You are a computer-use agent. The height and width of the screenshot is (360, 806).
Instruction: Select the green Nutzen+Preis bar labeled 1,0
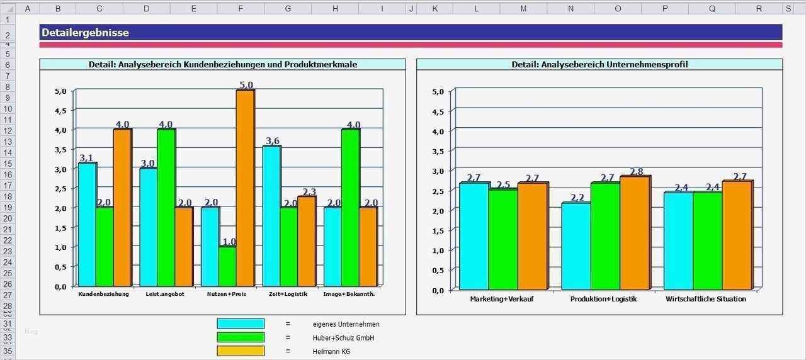[x=227, y=266]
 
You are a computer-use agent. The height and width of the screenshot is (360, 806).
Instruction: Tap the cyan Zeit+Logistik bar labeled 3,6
[x=271, y=215]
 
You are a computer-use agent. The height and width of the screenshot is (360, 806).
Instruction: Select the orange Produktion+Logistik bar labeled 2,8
[x=634, y=233]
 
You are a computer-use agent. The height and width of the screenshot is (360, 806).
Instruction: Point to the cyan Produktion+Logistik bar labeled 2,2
[x=576, y=245]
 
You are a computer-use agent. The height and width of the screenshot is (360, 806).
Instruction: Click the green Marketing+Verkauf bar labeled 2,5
[x=503, y=239]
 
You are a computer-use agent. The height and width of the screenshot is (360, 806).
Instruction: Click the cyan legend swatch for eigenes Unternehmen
[x=241, y=323]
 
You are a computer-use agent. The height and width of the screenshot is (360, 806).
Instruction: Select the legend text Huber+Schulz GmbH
[x=344, y=338]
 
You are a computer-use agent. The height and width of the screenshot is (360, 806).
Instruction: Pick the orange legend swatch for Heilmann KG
[x=241, y=351]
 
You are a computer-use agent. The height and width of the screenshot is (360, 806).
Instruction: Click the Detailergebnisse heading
[x=84, y=33]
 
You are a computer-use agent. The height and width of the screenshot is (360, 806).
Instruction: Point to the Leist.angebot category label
[x=165, y=294]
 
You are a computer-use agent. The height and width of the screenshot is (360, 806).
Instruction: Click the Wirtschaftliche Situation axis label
[x=705, y=299]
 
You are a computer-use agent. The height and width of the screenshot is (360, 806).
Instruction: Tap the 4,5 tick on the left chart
[x=60, y=111]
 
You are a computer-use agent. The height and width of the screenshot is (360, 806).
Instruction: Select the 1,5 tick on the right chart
[x=438, y=230]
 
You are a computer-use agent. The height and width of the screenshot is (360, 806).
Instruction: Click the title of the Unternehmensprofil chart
[x=599, y=64]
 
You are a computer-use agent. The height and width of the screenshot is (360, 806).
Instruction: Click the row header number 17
[x=8, y=186]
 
